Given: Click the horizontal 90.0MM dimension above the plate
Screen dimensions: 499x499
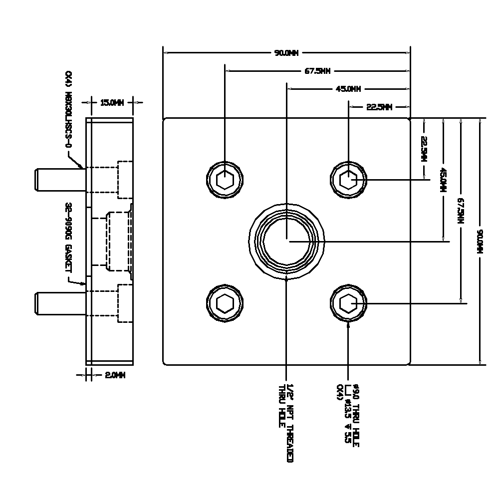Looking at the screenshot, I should click(286, 53).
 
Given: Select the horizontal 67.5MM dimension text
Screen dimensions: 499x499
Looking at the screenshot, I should click(317, 71).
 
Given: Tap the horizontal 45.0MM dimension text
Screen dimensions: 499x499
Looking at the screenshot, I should click(348, 89).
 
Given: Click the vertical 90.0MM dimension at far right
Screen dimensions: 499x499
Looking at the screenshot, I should click(481, 241).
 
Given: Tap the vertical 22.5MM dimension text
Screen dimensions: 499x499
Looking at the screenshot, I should click(424, 149).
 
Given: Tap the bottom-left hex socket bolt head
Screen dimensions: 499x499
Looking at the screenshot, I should click(225, 302).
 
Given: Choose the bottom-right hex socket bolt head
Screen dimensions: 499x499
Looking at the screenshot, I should click(348, 302).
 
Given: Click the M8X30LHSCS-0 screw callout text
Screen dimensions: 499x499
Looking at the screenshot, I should click(68, 110).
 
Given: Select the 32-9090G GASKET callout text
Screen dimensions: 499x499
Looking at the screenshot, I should click(68, 237).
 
